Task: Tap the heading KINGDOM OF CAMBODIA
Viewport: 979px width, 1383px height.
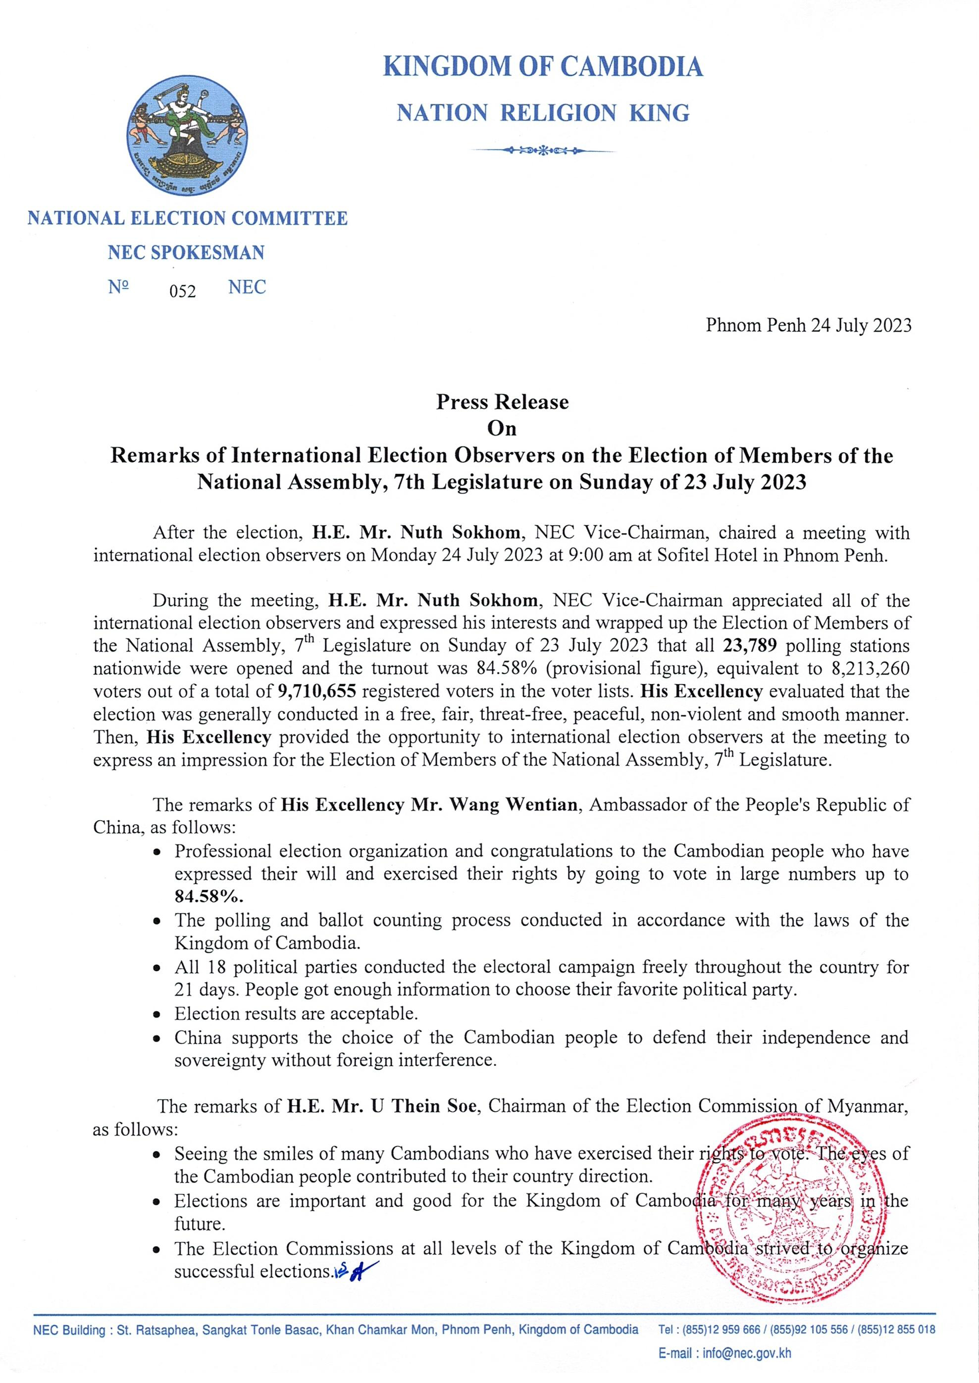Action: (x=543, y=67)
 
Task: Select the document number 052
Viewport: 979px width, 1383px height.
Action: (x=182, y=292)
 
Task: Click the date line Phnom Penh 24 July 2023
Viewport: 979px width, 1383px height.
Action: (x=808, y=326)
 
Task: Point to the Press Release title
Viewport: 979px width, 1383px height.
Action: (x=502, y=401)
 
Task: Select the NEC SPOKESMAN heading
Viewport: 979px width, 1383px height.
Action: (x=186, y=252)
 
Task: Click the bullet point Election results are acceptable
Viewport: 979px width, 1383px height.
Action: (x=296, y=1014)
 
